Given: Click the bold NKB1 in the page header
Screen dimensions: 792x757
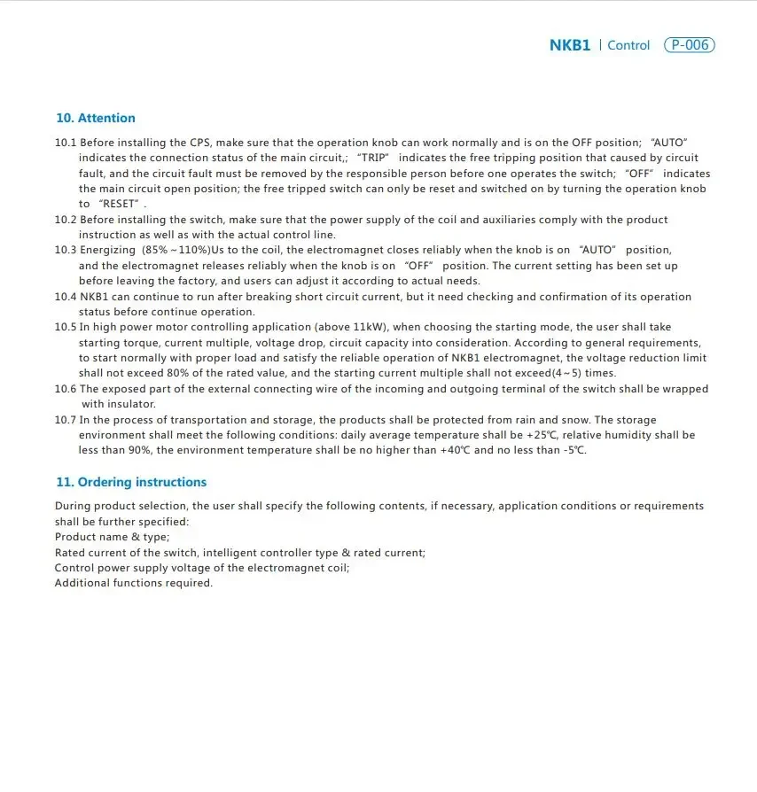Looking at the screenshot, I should [569, 45].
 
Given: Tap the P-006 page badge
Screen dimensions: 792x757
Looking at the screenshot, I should [689, 45].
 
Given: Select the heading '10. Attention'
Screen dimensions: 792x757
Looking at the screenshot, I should [96, 118].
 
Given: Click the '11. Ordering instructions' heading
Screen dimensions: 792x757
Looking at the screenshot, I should [131, 482].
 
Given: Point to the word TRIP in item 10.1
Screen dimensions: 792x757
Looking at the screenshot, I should [372, 158].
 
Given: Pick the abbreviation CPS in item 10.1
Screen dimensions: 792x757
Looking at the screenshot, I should [200, 143].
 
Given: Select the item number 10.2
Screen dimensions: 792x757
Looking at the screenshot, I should [66, 220].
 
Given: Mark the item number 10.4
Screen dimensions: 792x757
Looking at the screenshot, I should [66, 297].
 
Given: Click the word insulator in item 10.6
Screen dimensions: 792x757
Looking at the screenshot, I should [129, 404].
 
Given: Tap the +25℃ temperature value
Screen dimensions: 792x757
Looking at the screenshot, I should [541, 435].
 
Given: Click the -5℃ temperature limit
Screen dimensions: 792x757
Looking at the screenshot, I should [574, 450].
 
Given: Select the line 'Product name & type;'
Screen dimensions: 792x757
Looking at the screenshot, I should [113, 537].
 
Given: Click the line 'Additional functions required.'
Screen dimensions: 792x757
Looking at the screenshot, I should [134, 583].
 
